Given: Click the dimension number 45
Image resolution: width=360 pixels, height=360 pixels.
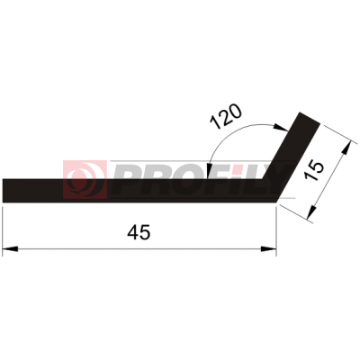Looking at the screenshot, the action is [139, 232].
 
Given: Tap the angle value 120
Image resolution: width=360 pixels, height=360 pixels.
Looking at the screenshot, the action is [226, 117].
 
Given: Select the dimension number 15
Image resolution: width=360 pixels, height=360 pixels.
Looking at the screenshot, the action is [316, 171].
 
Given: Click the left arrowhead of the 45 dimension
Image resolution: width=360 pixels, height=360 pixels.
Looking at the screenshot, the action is [10, 249].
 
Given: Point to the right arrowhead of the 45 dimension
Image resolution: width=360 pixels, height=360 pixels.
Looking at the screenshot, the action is [268, 249].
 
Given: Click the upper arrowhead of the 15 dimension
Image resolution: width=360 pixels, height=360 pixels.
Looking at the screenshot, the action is [346, 148].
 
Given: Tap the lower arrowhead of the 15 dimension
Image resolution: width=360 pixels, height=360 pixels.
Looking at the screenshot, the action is [311, 211].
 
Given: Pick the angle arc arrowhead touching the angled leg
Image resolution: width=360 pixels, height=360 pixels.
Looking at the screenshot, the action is [281, 128].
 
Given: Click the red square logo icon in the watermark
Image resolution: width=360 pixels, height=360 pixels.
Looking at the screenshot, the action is [85, 179].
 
